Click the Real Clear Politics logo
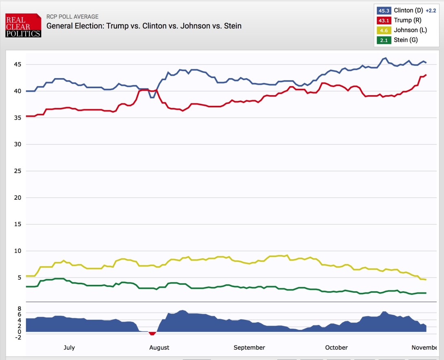coord(23,25)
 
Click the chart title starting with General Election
coord(144,26)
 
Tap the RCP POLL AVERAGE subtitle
coord(72,17)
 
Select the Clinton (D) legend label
coord(408,11)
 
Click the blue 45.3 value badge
coord(384,11)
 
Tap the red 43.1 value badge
coord(384,20)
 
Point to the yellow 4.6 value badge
coord(384,30)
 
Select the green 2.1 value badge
coord(384,40)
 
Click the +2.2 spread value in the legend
coord(431,11)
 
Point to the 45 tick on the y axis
coord(17,64)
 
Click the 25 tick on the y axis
coord(17,171)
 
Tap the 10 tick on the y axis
coord(17,251)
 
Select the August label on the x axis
coord(159,347)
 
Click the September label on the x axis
coord(249,347)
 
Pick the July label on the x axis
coord(69,347)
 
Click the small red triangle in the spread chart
coord(152,334)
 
